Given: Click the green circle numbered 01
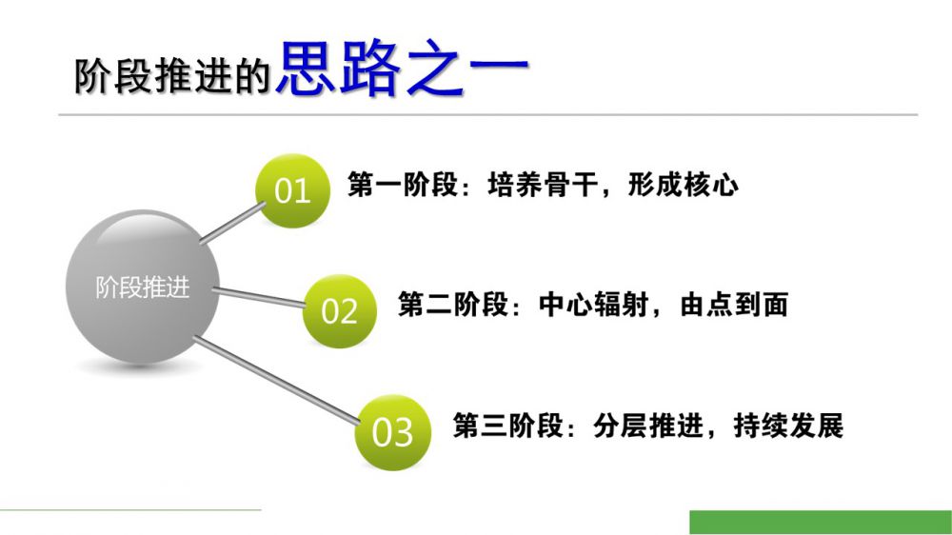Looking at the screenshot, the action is coord(292,190).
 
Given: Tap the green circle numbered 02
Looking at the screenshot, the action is coord(340,311).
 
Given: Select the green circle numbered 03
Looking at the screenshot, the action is coord(393,432).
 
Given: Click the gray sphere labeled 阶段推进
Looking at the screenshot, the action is coord(143,287).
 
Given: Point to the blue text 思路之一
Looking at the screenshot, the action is coord(403,69).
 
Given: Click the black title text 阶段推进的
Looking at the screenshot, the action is coord(172,76).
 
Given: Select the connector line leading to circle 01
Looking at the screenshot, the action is coord(232,223).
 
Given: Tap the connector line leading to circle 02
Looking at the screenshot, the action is coord(259,296).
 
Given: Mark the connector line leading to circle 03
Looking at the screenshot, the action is coord(277,380).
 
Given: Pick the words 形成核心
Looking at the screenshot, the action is coord(683,185).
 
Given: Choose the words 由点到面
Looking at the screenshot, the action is coord(734,305).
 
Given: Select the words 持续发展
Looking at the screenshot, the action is coord(788,426).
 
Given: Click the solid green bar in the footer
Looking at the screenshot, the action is coord(821,523).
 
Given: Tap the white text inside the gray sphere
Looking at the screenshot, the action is coord(143,287).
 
